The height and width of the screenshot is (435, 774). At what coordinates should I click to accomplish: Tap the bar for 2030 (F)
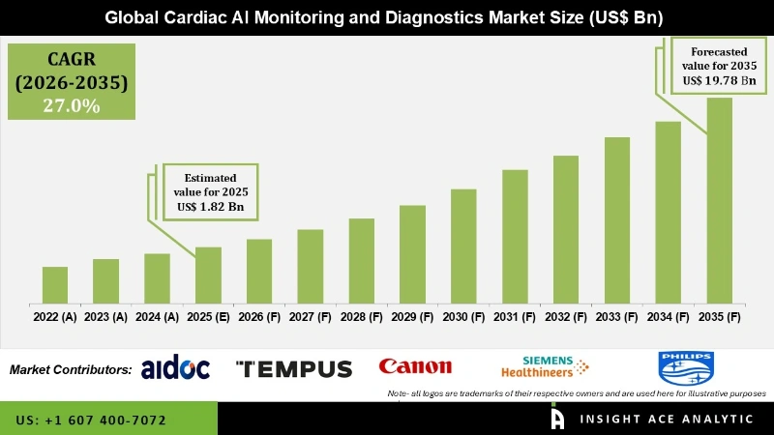tap(463, 246)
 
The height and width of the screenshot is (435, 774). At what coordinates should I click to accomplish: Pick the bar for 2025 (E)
tap(208, 275)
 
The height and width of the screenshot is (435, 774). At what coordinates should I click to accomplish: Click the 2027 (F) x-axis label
tap(311, 316)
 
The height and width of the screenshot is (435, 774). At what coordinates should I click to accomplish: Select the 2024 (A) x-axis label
tap(157, 316)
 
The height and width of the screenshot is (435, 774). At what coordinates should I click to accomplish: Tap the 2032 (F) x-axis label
tap(566, 316)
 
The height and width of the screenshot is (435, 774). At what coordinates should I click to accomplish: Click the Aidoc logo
tap(175, 368)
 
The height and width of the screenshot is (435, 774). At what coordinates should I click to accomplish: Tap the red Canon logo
tap(415, 366)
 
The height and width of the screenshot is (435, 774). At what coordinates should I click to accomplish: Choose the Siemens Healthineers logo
tap(544, 367)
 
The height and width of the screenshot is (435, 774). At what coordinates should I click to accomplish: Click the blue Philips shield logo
tap(685, 367)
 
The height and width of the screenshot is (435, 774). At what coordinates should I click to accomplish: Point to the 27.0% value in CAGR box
tap(71, 105)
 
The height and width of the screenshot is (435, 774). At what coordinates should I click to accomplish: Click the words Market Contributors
tap(71, 369)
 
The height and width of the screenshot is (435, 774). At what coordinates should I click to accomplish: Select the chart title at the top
tap(387, 17)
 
